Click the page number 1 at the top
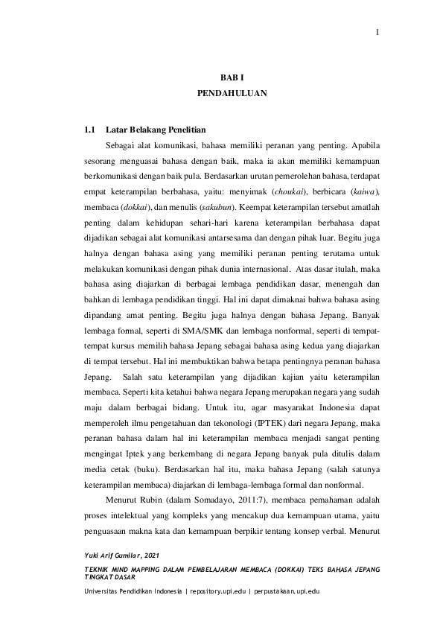377,32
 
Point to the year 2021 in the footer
152,557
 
